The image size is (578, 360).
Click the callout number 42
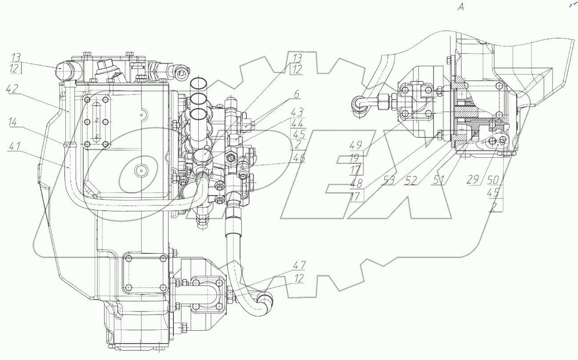point(12,89)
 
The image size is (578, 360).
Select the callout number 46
point(299,157)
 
